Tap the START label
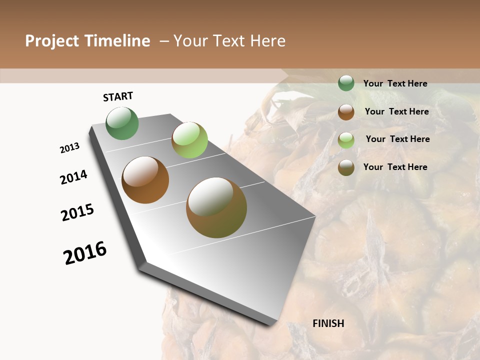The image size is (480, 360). [x=118, y=96]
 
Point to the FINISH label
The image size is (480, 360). [x=328, y=323]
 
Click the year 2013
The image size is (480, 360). [x=69, y=148]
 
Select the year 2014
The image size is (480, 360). [x=73, y=177]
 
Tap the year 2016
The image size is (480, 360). [x=85, y=253]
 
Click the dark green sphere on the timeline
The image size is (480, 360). [x=122, y=123]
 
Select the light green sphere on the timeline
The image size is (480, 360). [x=189, y=140]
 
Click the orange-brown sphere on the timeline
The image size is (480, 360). [x=145, y=180]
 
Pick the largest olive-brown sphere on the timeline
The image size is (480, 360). [x=216, y=207]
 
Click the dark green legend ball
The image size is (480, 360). [x=346, y=83]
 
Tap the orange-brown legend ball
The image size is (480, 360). [x=346, y=111]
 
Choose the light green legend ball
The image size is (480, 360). [x=346, y=139]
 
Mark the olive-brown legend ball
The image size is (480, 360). [x=346, y=167]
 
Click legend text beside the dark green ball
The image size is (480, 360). [x=395, y=83]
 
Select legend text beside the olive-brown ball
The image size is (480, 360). [x=395, y=167]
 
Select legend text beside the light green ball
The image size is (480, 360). [x=397, y=139]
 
